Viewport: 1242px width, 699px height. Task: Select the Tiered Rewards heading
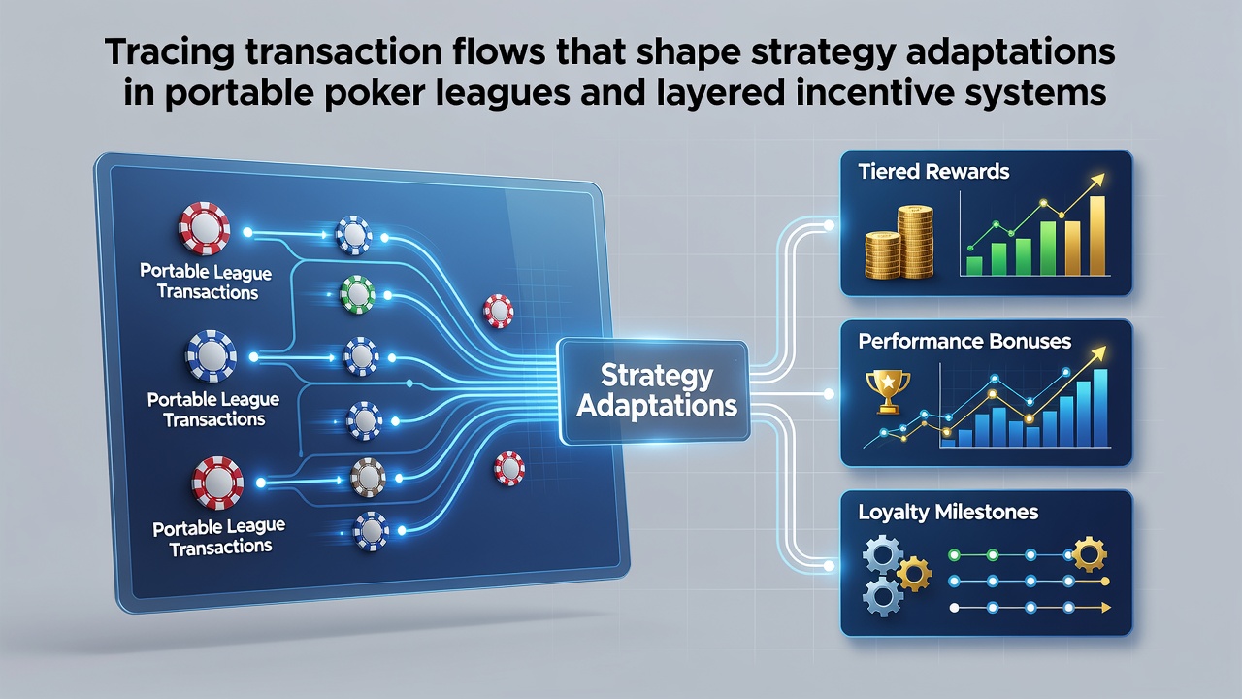(x=933, y=172)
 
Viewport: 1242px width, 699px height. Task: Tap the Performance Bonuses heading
(x=964, y=341)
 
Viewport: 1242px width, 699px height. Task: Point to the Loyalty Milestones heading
(x=948, y=512)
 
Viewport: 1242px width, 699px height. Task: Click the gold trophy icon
(x=888, y=391)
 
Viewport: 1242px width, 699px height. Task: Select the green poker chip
(x=357, y=295)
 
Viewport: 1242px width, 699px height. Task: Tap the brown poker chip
(x=368, y=478)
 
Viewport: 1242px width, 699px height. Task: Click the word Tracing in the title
(x=169, y=52)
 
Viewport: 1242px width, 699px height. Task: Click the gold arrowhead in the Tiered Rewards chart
(x=1096, y=181)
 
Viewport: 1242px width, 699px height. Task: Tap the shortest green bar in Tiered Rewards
(x=974, y=266)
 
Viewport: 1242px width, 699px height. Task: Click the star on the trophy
(x=888, y=382)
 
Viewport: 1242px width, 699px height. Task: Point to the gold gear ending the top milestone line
(x=1089, y=554)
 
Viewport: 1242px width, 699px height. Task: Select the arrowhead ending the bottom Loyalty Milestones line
(x=1104, y=608)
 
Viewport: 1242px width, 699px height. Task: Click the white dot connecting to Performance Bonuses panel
(x=829, y=394)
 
